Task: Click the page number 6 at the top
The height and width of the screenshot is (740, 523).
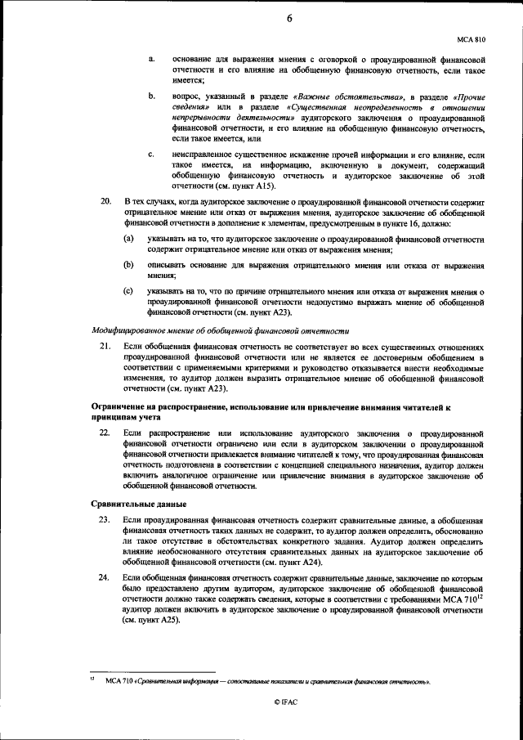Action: click(290, 20)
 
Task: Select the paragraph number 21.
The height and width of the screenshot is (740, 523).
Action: click(103, 348)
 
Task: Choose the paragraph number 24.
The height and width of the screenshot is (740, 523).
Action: click(103, 578)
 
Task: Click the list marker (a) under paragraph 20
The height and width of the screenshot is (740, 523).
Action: click(128, 238)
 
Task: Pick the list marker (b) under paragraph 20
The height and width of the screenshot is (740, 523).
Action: click(128, 265)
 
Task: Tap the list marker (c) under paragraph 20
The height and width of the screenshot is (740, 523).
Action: click(128, 291)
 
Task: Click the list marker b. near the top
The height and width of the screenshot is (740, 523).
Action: click(152, 97)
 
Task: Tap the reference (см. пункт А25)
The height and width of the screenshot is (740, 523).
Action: click(155, 621)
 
